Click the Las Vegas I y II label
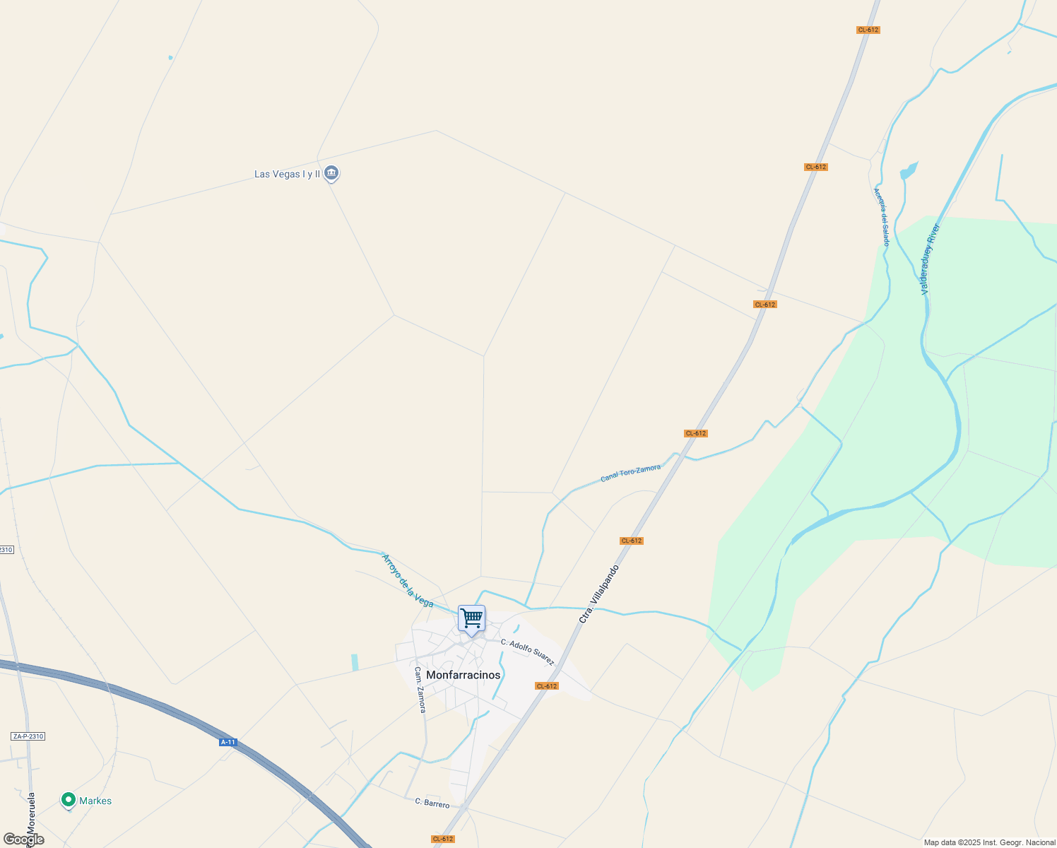[x=287, y=174]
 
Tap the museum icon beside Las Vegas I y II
[x=331, y=173]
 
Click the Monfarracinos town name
[x=463, y=675]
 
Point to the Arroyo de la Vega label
[x=407, y=581]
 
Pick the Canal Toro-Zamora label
[x=630, y=473]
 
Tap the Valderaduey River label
[x=930, y=259]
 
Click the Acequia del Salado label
[x=881, y=216]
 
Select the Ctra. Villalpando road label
[x=598, y=594]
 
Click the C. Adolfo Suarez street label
[x=527, y=652]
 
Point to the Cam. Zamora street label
[x=420, y=690]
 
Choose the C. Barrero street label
[x=432, y=803]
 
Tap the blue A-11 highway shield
[x=228, y=742]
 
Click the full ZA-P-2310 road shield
[x=28, y=736]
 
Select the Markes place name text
[x=95, y=801]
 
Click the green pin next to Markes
[x=69, y=800]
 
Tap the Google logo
[x=24, y=840]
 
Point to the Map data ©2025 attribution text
[x=989, y=842]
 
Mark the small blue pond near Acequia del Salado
[x=908, y=171]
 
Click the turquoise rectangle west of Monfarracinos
[x=355, y=662]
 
